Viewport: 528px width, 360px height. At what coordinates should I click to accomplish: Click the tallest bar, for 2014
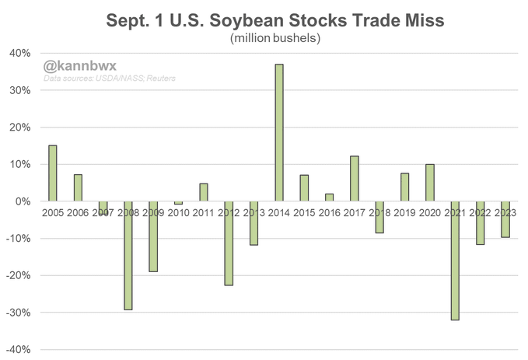tap(279, 132)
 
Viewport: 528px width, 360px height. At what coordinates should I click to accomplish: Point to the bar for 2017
tap(355, 179)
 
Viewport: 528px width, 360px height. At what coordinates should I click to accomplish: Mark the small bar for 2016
tap(330, 197)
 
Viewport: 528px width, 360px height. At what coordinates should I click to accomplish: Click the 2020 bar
tap(430, 183)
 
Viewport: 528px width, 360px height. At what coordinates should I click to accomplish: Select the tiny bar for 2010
tap(179, 203)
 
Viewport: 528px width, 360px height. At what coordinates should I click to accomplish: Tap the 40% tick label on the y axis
tap(19, 53)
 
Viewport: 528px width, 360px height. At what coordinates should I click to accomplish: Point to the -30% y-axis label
tap(17, 313)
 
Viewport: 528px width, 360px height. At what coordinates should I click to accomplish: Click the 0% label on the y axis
tap(23, 201)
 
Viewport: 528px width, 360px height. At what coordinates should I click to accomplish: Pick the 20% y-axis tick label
tap(19, 128)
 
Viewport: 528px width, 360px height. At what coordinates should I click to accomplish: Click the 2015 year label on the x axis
tap(305, 212)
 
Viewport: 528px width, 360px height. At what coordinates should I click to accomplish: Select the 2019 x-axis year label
tap(405, 212)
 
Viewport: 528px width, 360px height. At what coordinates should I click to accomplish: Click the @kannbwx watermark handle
tap(74, 65)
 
